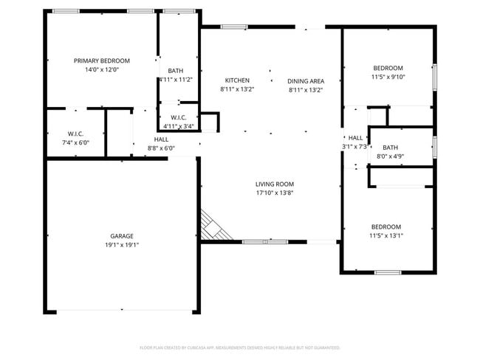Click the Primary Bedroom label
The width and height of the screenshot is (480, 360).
pos(102,60)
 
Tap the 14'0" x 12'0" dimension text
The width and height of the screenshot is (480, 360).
pos(102,70)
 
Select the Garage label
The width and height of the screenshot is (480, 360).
pos(122,236)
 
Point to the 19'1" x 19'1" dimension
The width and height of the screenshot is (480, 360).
pos(122,245)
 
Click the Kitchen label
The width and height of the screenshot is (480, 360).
pos(237,80)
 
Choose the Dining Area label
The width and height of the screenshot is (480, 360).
pos(305,80)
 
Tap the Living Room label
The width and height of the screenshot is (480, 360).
pos(275,184)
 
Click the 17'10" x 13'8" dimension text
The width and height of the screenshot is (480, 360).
pos(275,193)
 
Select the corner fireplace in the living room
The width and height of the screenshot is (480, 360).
pos(216,226)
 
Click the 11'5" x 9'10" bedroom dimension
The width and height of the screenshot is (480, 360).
pos(388,77)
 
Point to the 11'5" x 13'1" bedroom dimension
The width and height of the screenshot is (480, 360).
pos(386,236)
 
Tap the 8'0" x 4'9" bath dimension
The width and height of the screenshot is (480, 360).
pos(390,156)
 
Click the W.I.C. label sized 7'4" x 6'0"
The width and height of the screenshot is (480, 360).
pos(75,134)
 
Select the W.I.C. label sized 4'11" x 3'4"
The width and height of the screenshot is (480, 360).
pos(178,117)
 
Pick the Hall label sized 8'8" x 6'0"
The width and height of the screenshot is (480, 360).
pos(161,139)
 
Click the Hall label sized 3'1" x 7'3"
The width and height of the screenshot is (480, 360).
pos(355,138)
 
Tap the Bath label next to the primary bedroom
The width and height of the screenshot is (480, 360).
pos(176,71)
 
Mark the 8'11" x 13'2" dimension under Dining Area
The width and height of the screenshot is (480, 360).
pos(306,89)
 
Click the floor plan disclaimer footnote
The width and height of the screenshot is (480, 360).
pos(239,347)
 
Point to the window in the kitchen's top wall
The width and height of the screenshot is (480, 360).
pos(234,27)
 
